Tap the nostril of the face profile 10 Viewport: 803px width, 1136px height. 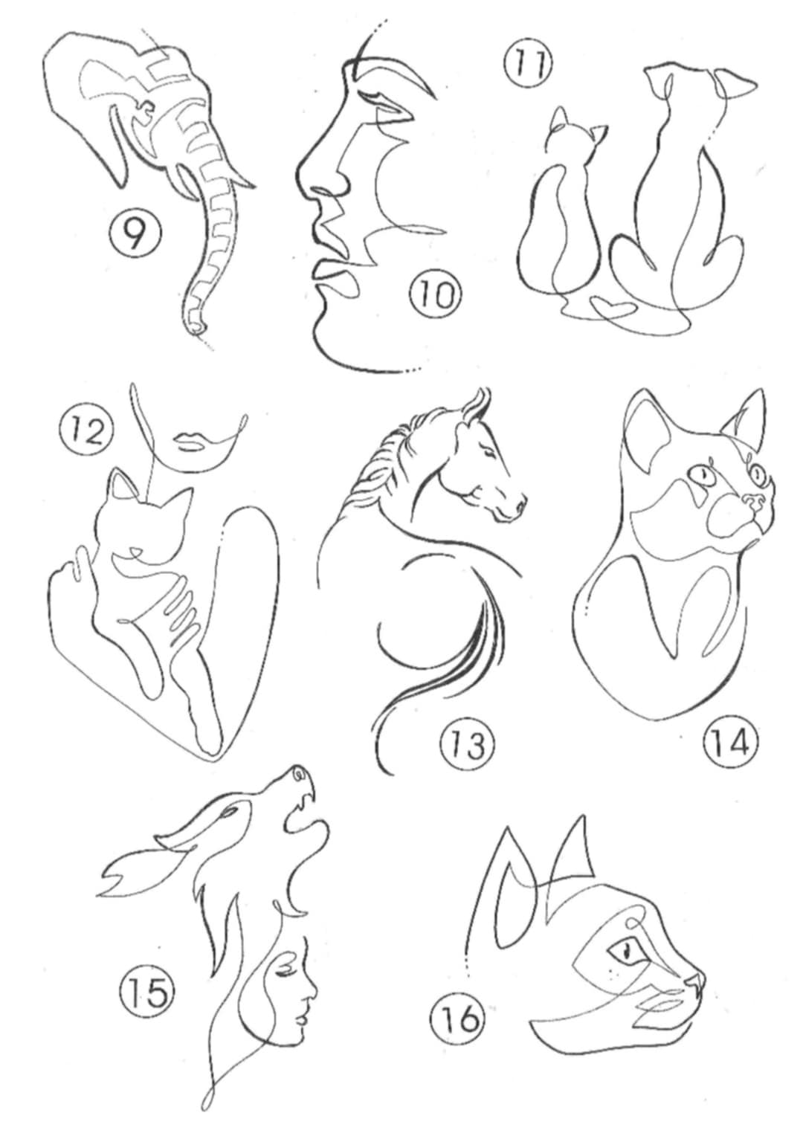323,189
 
